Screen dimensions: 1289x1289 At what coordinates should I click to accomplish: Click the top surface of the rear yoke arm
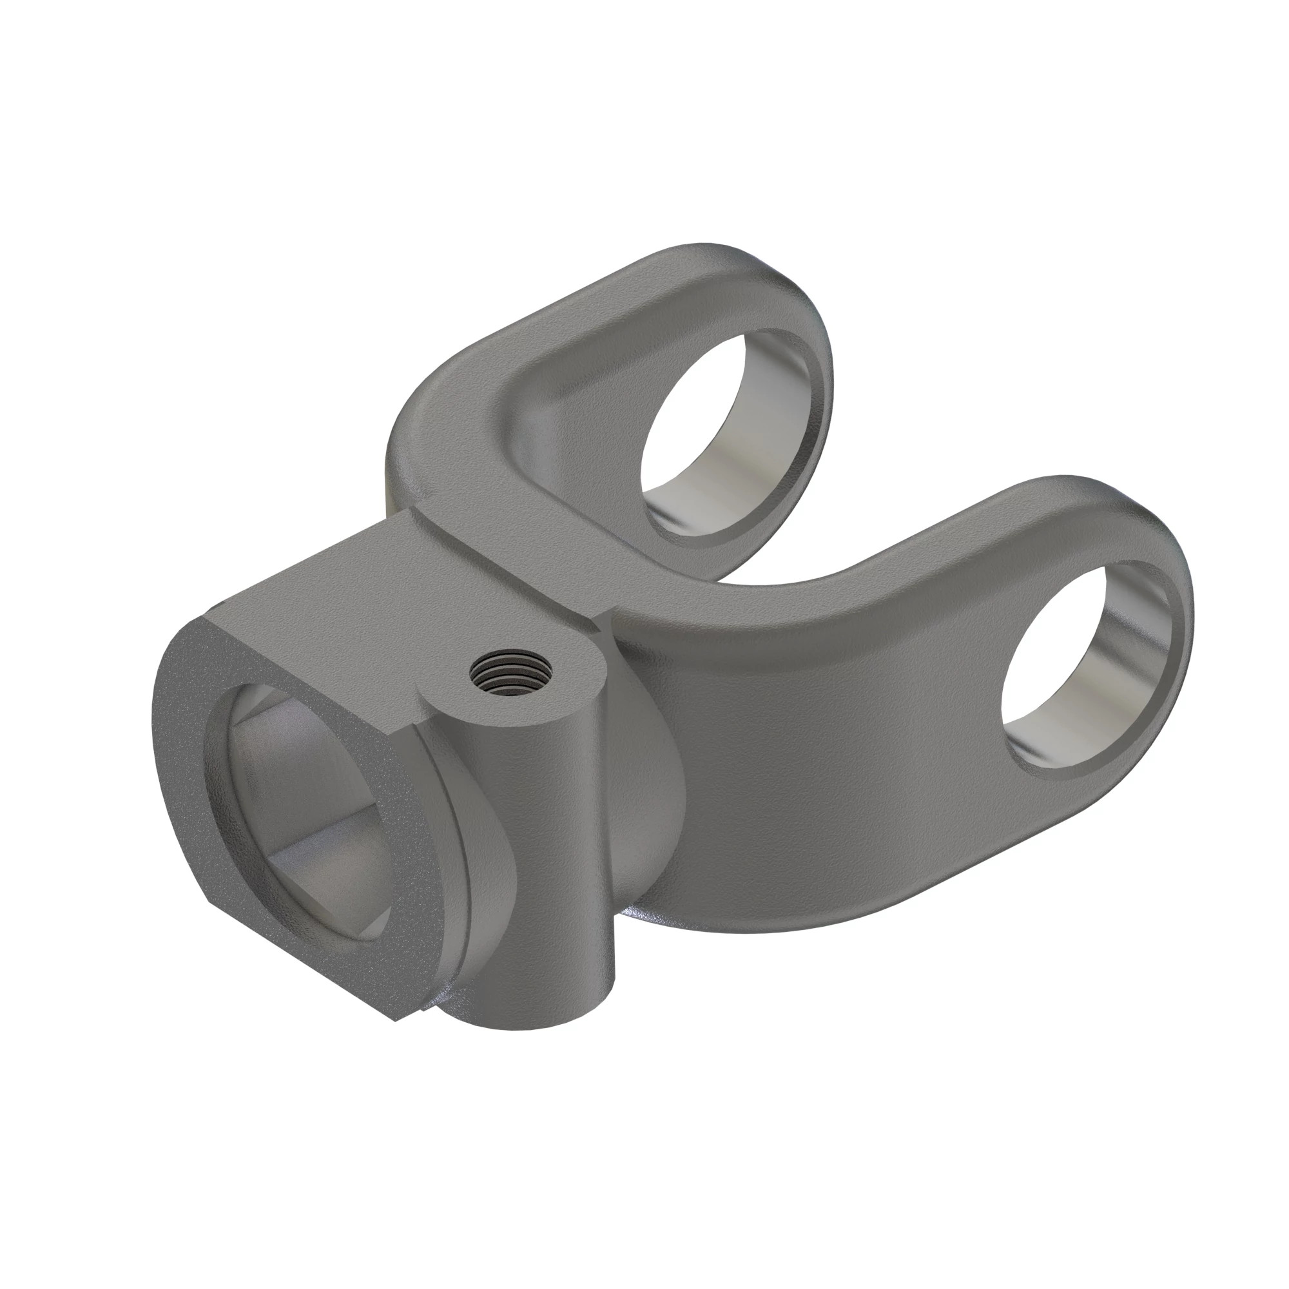click(601, 320)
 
